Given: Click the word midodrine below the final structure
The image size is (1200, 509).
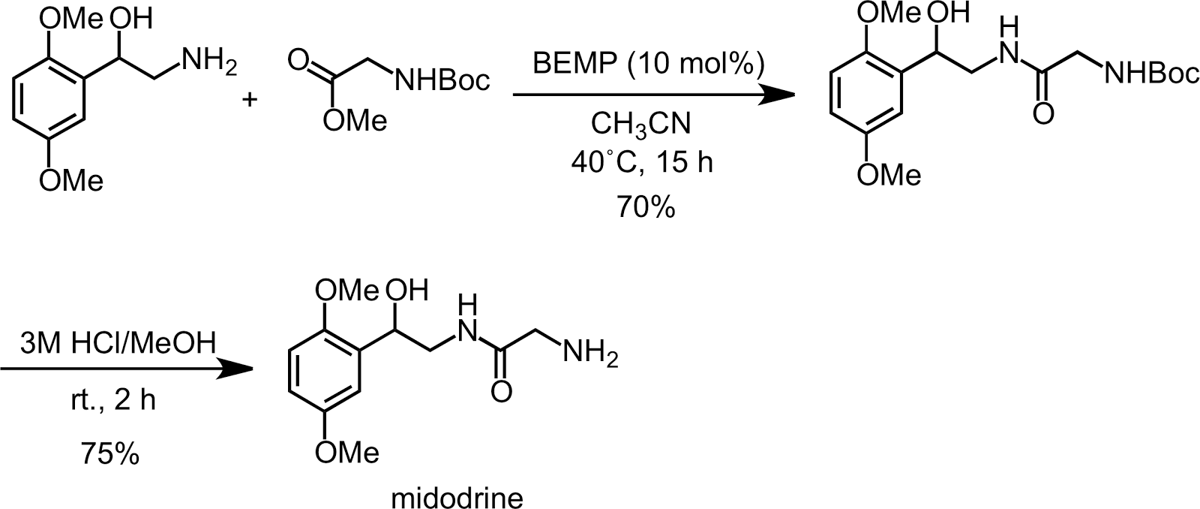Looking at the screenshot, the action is click(x=457, y=498).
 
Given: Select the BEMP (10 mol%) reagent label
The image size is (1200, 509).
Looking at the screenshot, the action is click(x=648, y=64).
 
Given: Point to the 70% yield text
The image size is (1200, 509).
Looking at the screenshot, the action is click(x=646, y=207).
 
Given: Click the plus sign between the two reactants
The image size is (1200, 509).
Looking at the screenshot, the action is click(x=250, y=99).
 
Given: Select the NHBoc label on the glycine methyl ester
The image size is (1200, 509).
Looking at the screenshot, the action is click(x=442, y=80).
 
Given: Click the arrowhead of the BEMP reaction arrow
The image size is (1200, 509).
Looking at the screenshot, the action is click(x=776, y=95).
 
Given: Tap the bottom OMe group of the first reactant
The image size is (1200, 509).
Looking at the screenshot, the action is click(x=71, y=179).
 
